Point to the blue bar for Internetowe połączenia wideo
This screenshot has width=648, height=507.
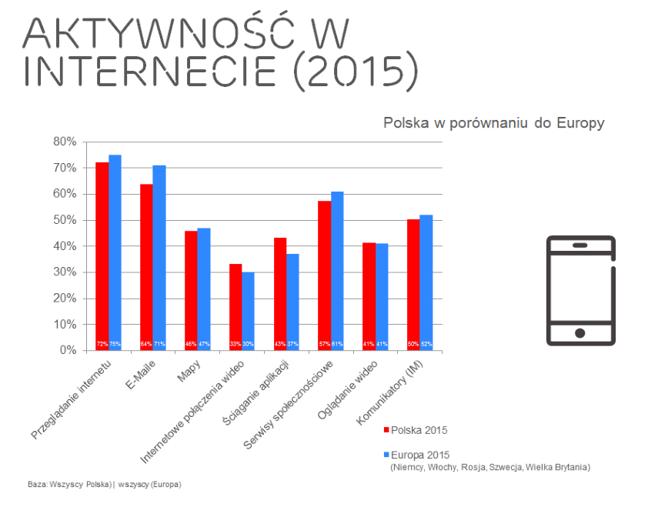point(248,311)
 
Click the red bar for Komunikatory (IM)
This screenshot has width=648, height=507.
point(413,285)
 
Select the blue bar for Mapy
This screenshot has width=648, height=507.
point(204,289)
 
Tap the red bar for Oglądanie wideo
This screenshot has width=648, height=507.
point(369,296)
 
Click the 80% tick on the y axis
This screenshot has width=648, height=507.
point(65,142)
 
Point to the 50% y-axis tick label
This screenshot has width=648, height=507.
point(65,220)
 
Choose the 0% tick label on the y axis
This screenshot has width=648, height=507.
point(68,351)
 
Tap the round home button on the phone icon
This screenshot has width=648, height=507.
point(580,333)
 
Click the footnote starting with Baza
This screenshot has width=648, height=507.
point(105,485)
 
